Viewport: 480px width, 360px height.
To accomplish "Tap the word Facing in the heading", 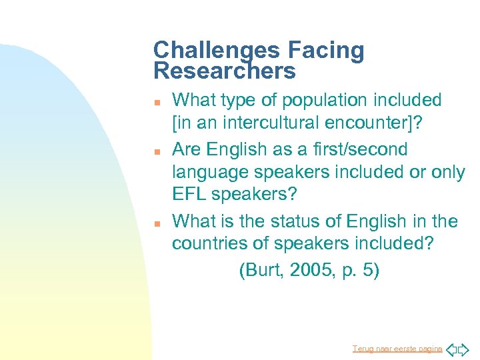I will pos(326,50).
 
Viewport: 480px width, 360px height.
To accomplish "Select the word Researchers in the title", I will pos(224,71).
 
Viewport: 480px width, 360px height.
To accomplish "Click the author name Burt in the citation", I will pos(262,270).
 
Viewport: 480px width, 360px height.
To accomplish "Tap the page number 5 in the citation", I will pos(369,270).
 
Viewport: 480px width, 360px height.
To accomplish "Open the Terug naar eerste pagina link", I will pos(397,349).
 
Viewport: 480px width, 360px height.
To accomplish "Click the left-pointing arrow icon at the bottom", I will pos(451,349).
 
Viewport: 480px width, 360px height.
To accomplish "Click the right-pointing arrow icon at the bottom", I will pos(464,349).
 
